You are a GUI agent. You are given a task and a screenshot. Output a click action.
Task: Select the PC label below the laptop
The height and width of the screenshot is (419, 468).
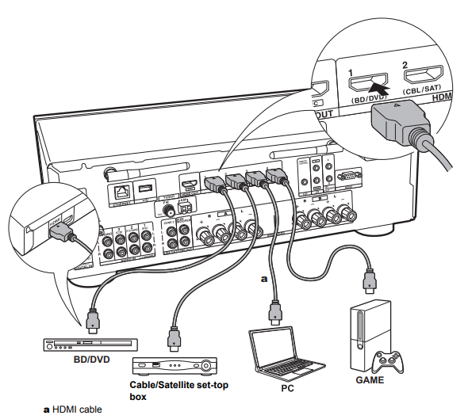point(274,389)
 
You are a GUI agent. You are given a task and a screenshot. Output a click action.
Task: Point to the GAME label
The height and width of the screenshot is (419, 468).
point(370,379)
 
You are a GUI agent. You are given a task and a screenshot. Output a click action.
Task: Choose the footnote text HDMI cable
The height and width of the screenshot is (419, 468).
point(75,409)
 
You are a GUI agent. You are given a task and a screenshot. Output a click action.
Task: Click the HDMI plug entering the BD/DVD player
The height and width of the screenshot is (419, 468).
point(92,321)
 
